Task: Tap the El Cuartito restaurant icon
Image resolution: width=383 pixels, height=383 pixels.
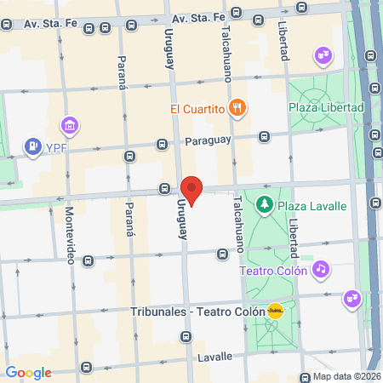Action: (x=240, y=108)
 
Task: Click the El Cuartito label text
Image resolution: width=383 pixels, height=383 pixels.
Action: (x=197, y=108)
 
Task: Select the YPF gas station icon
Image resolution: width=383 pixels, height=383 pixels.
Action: (x=33, y=146)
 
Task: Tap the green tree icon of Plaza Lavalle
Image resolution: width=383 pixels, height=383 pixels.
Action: (x=266, y=205)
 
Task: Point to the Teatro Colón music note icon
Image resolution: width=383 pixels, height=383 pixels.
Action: (x=320, y=269)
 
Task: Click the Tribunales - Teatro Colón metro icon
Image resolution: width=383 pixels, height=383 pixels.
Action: (x=275, y=312)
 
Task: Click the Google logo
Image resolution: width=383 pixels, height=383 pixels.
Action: (x=28, y=373)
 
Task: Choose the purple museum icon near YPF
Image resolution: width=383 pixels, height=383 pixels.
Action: (x=71, y=127)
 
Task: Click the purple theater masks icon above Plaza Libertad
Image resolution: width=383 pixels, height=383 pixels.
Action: (x=323, y=55)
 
